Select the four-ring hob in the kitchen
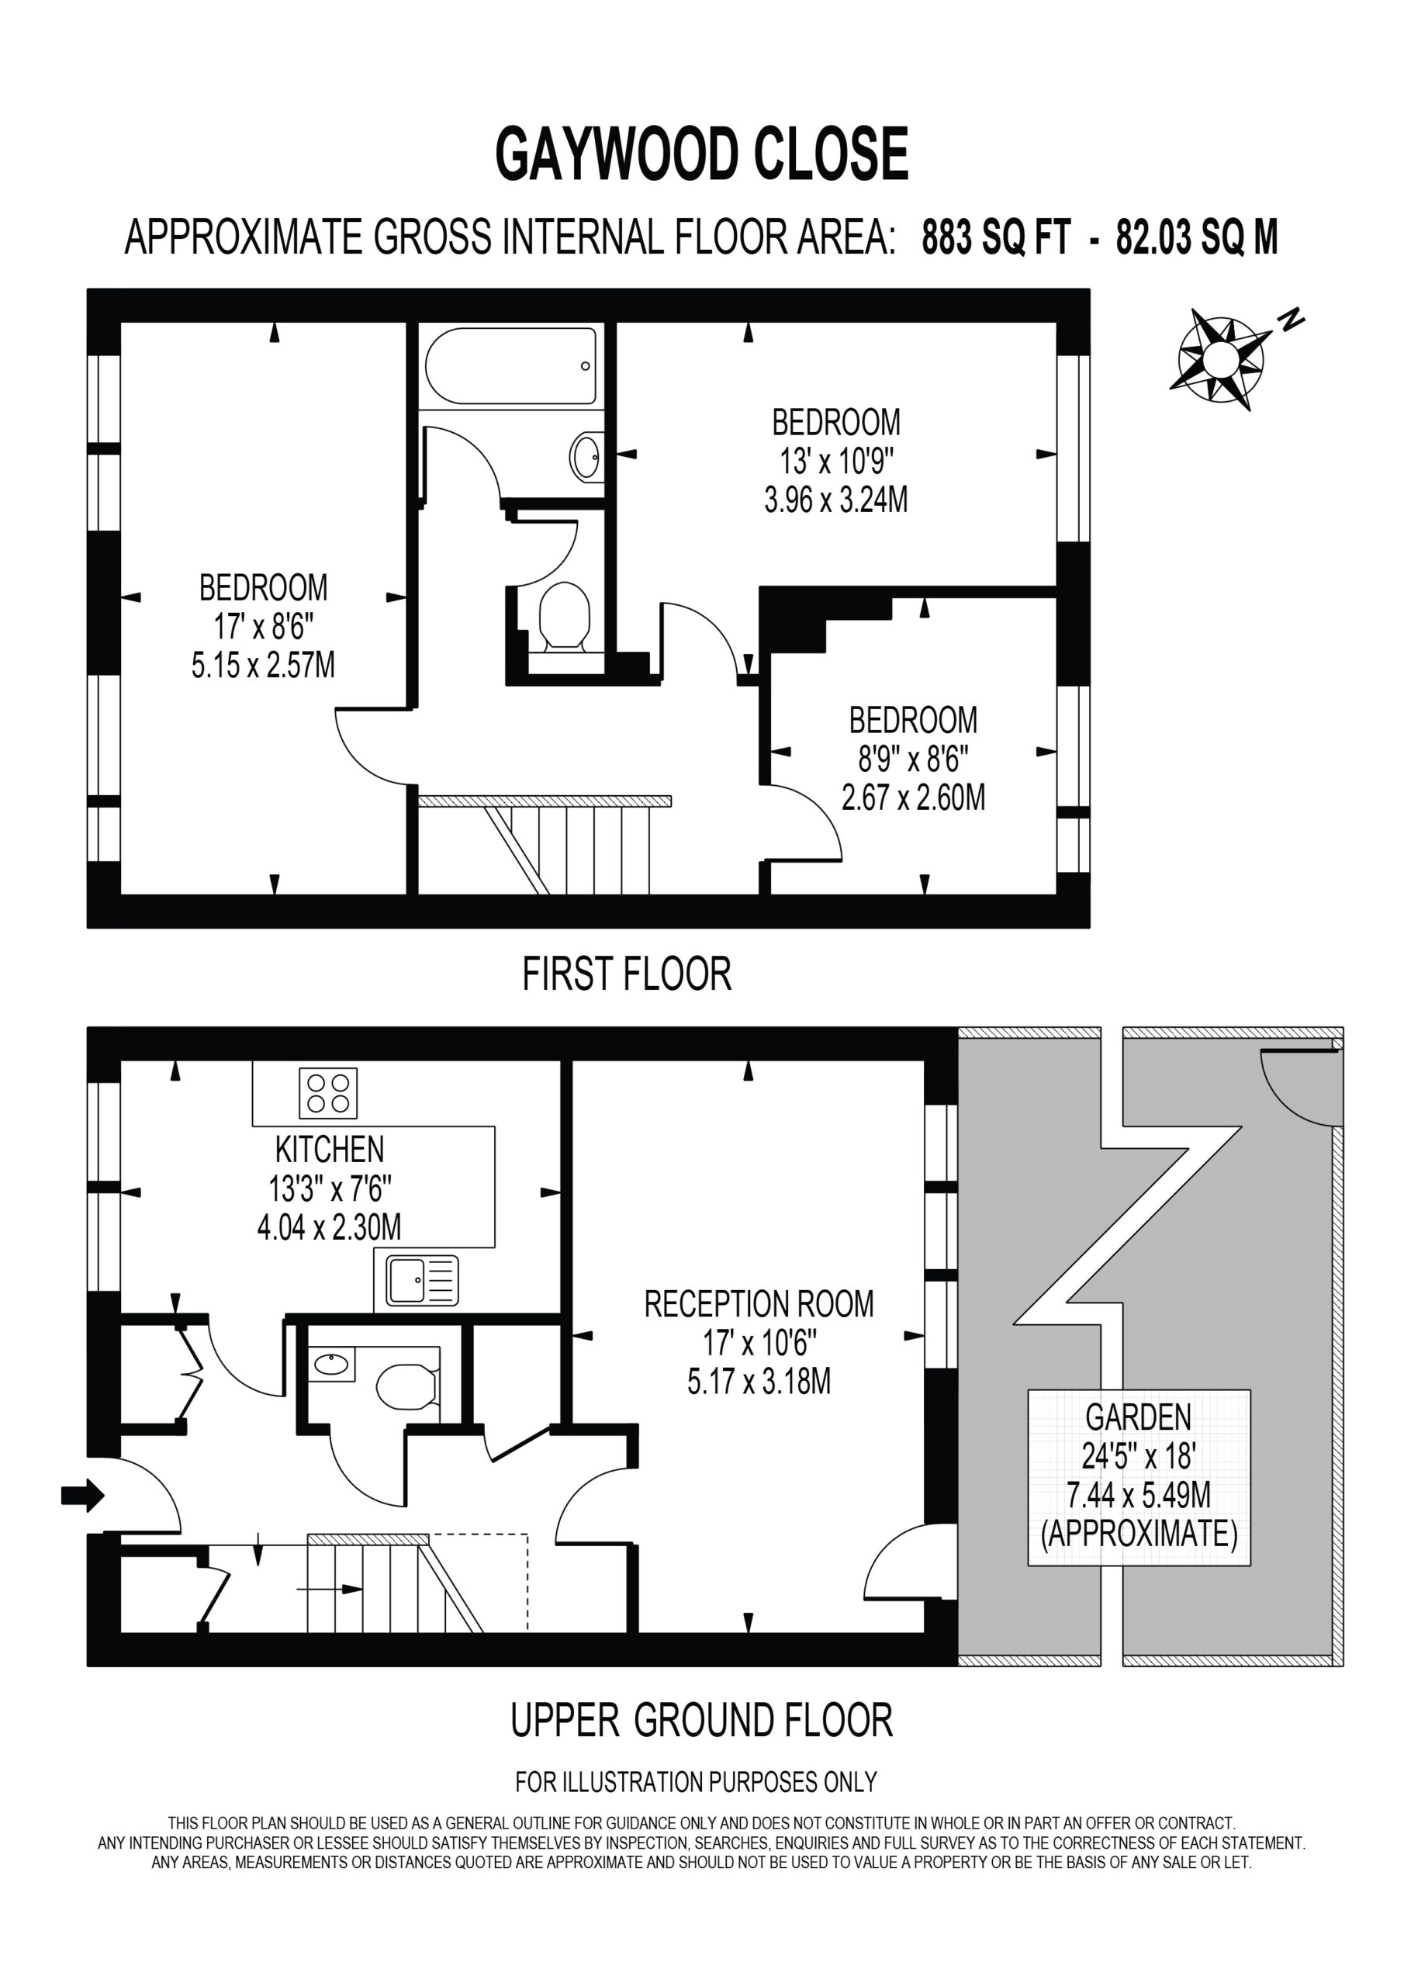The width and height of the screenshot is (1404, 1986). tap(328, 1093)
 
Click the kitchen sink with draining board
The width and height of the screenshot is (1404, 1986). tap(422, 1280)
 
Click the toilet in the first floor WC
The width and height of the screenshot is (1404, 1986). tap(564, 617)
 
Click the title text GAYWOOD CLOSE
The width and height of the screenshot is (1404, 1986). tap(701, 154)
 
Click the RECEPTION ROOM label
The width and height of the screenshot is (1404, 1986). tap(759, 1303)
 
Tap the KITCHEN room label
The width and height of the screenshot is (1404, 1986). tap(330, 1150)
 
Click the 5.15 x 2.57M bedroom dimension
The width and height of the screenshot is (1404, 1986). tap(263, 666)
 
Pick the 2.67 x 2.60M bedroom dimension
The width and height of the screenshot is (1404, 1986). tap(914, 797)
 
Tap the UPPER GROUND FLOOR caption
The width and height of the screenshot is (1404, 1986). tap(701, 1720)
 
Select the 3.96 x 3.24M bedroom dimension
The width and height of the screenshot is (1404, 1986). tap(835, 500)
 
